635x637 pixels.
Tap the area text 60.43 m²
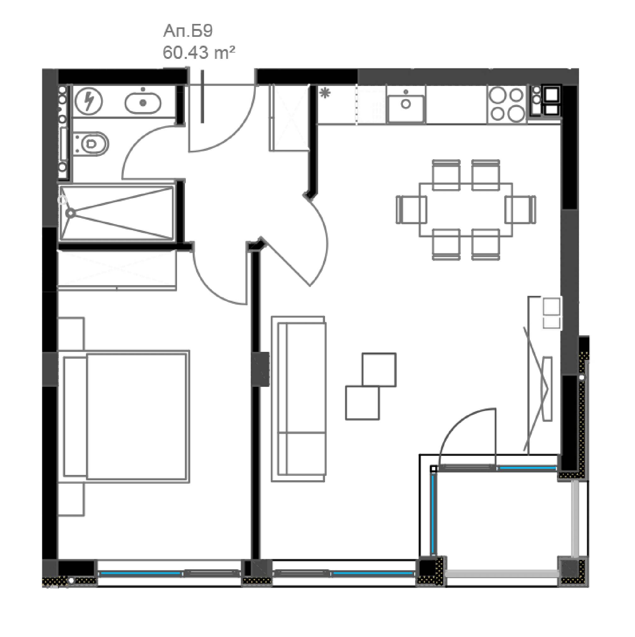click(x=199, y=53)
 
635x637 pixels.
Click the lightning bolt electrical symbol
click(x=89, y=101)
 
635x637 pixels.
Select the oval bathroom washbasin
click(x=143, y=103)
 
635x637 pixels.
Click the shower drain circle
click(x=70, y=213)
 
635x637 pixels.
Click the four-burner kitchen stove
click(x=506, y=104)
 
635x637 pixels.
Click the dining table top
click(x=466, y=210)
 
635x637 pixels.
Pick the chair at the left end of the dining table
click(x=411, y=210)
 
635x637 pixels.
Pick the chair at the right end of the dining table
click(x=520, y=210)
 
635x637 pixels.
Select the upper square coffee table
click(x=379, y=369)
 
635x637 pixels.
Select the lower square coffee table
click(x=362, y=403)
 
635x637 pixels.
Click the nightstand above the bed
click(x=71, y=334)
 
